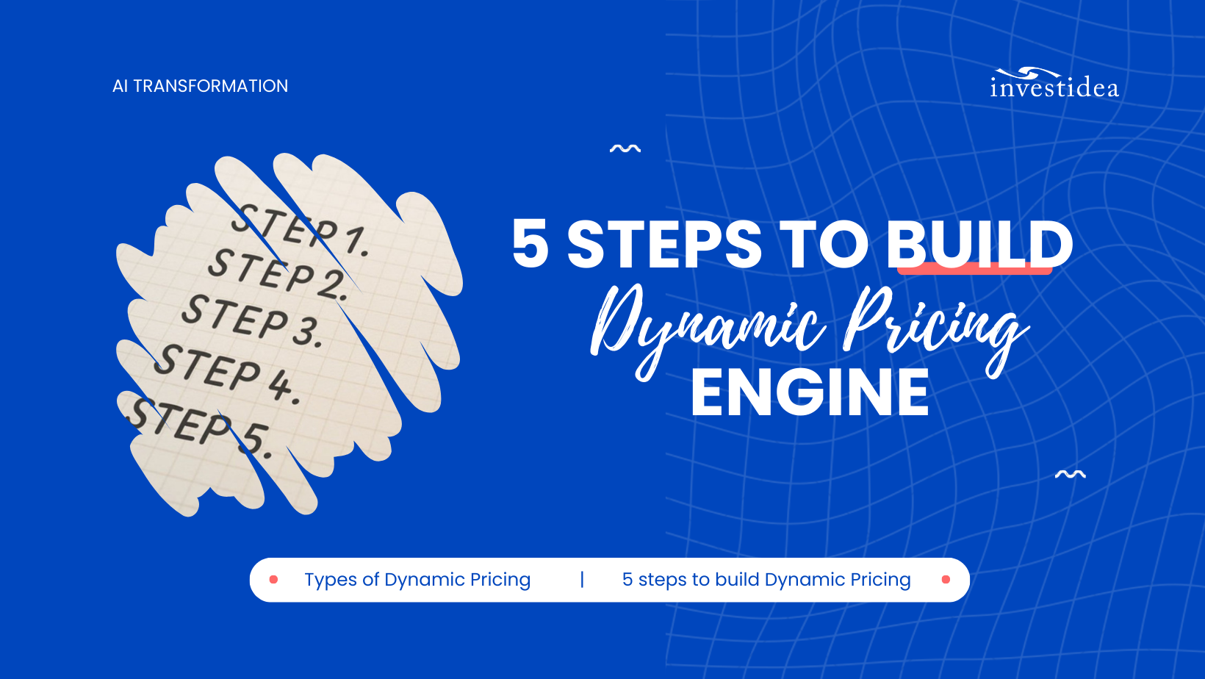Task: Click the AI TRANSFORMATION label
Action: (x=200, y=86)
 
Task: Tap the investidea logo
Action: (x=1054, y=84)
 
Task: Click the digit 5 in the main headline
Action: (x=530, y=244)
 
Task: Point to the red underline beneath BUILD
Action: (x=974, y=270)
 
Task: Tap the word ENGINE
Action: (x=810, y=392)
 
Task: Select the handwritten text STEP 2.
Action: (x=278, y=275)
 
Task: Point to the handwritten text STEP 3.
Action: (x=251, y=320)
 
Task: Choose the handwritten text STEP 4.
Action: (x=226, y=372)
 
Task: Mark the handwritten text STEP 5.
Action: (x=198, y=426)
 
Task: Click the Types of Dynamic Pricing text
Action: (x=417, y=580)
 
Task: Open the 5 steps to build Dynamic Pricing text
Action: (x=766, y=580)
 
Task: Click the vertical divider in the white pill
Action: (x=582, y=580)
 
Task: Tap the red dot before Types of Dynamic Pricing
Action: (x=273, y=580)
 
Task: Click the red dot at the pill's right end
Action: (x=946, y=580)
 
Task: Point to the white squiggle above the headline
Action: (x=625, y=149)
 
